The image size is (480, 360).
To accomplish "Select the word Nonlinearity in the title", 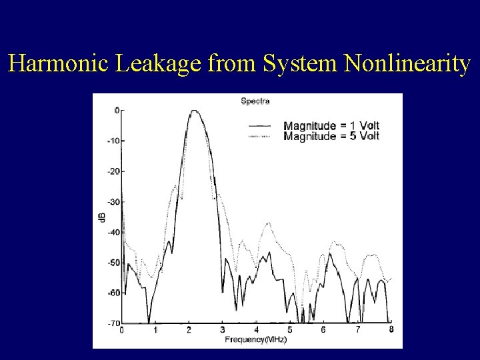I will tap(408, 64).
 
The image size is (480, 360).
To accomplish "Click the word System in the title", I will tap(302, 64).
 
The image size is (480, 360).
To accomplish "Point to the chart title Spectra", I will tap(255, 101).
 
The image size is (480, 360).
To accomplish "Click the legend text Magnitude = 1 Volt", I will tap(331, 126).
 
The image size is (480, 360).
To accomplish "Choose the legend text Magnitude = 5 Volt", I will tap(331, 136).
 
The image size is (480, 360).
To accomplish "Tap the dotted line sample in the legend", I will tap(259, 136).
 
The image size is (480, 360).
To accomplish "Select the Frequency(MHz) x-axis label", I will tap(255, 339).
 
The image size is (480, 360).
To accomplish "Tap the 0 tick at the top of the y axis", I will tap(116, 111).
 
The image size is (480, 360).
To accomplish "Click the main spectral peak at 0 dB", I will tap(194, 111).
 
